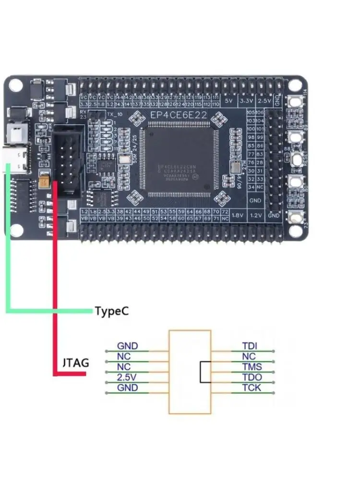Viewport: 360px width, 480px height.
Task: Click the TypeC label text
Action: click(x=112, y=311)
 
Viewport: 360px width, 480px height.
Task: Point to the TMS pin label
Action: click(x=252, y=367)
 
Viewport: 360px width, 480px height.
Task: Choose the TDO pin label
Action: click(x=252, y=377)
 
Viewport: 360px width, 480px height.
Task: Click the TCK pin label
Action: click(x=252, y=387)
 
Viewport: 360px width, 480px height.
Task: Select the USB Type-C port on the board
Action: click(x=20, y=161)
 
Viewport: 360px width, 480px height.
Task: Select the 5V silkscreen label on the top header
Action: click(x=228, y=102)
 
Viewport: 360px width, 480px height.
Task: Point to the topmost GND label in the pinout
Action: click(x=128, y=346)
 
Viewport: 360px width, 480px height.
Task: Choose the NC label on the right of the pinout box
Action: click(x=249, y=356)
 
